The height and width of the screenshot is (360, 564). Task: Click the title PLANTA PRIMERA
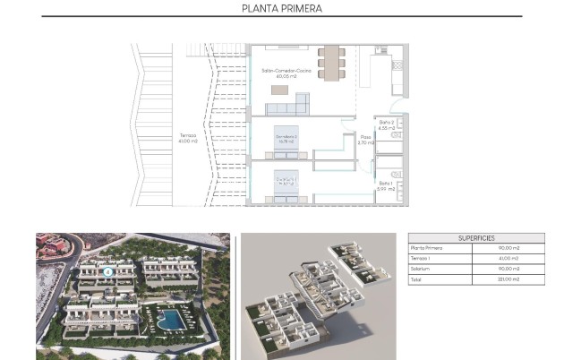(x=282, y=9)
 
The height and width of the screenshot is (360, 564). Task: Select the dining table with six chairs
(x=332, y=63)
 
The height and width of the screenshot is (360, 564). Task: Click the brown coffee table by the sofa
(x=280, y=89)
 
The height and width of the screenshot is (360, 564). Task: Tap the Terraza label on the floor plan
(x=186, y=135)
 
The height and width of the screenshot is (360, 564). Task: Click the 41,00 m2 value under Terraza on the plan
(x=186, y=141)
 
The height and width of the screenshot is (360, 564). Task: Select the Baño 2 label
(x=387, y=122)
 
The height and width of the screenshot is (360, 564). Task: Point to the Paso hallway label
(x=365, y=137)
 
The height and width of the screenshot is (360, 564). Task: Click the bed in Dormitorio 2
(x=289, y=138)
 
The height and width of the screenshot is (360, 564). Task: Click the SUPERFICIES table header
(x=476, y=238)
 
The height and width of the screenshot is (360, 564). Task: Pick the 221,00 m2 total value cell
(x=508, y=279)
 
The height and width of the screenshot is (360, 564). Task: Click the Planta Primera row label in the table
(x=428, y=248)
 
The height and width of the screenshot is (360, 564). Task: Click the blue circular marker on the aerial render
(x=108, y=270)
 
